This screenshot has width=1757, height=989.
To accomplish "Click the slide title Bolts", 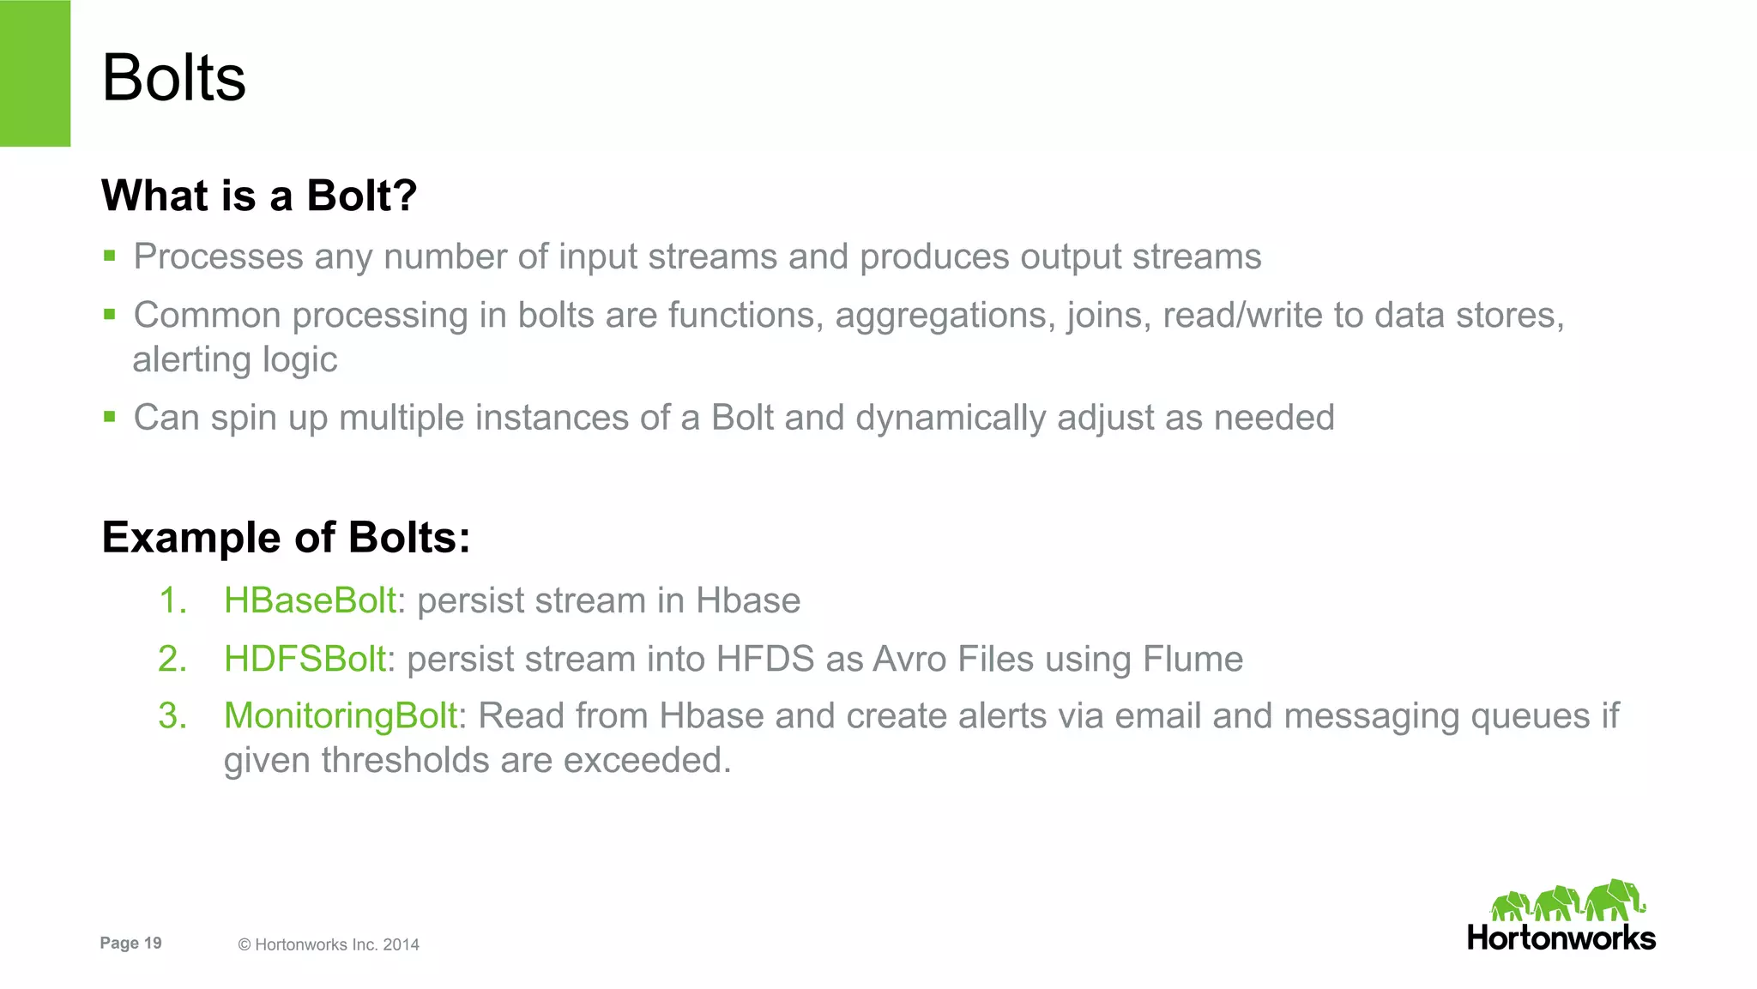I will coord(173,78).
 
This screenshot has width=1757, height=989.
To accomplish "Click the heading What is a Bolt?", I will coord(259,196).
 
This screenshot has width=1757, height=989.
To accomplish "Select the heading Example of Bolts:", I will coord(286,538).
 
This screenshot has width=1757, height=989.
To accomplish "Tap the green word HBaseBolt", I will coord(310,600).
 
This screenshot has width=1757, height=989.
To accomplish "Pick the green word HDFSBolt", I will coord(305,659).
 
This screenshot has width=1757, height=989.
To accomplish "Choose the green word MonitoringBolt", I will coord(341,716).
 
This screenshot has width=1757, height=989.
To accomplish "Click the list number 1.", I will coord(172,600).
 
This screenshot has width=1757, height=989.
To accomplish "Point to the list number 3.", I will coord(172,716).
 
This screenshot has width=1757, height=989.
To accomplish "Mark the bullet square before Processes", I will coord(109,256).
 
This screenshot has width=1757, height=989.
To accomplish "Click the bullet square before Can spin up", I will coord(109,417).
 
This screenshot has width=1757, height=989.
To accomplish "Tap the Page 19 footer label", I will coord(130,943).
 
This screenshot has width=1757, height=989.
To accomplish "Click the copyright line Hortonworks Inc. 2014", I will coord(329,944).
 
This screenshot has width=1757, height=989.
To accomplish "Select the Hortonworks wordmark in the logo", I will coord(1561,938).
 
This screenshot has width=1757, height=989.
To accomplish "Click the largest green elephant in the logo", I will coord(1615,900).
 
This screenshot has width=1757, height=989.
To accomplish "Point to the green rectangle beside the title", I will coord(35,73).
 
